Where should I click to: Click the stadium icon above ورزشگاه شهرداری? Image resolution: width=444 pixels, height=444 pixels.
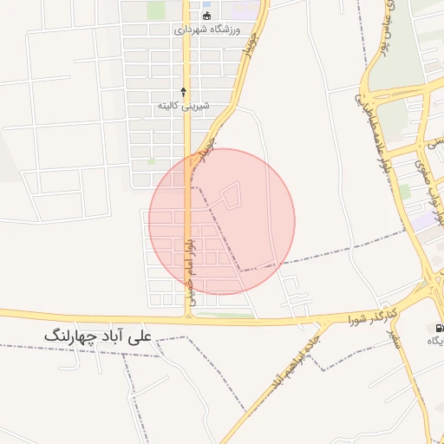[x=206, y=16]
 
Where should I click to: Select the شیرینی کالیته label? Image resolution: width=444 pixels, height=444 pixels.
[x=183, y=105]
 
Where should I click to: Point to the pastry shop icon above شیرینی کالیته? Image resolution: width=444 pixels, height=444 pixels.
[x=183, y=90]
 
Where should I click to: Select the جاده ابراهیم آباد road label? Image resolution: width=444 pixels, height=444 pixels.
[x=297, y=356]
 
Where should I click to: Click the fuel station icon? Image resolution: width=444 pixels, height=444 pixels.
[x=437, y=328]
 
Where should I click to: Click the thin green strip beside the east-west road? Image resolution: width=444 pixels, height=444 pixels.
[x=225, y=315]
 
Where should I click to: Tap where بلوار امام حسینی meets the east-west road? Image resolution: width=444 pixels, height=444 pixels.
[x=187, y=318]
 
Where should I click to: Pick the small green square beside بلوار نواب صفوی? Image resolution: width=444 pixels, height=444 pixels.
[x=404, y=191]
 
